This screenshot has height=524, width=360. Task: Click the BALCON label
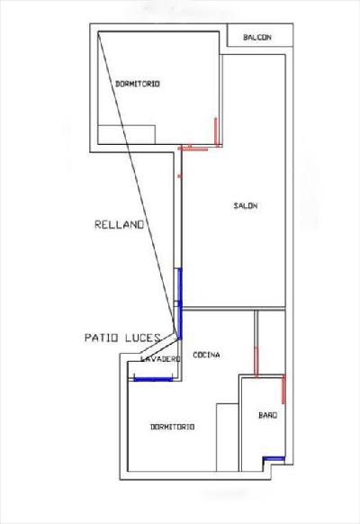coord(256,37)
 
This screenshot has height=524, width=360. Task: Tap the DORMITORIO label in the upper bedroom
coord(138,84)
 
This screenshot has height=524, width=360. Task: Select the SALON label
coord(246,205)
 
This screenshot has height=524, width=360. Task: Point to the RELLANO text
coord(119,224)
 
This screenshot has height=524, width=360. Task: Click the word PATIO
coord(101,338)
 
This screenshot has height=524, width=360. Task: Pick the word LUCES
coord(143,338)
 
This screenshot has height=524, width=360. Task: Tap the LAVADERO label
coord(160,359)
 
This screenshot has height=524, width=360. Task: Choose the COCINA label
coord(206,355)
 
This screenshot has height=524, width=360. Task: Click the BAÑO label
coord(267,415)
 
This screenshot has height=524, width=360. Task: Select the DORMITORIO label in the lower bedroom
coord(172,427)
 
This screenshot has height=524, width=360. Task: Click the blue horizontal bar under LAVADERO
coord(153,379)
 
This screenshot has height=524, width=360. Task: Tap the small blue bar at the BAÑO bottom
coord(274,459)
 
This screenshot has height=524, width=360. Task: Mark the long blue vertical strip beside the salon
coord(180,303)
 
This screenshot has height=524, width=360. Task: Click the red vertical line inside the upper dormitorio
coord(216,131)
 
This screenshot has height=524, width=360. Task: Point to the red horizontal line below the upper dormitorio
coord(193,149)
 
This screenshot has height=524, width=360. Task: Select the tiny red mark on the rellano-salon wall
coord(179,176)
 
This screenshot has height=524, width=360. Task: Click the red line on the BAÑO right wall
coord(283,389)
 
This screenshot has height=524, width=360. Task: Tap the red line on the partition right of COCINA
coord(256,362)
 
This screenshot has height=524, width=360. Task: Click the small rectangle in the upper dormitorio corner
coord(127,135)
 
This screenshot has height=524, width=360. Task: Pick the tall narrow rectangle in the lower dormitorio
coord(227,438)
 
